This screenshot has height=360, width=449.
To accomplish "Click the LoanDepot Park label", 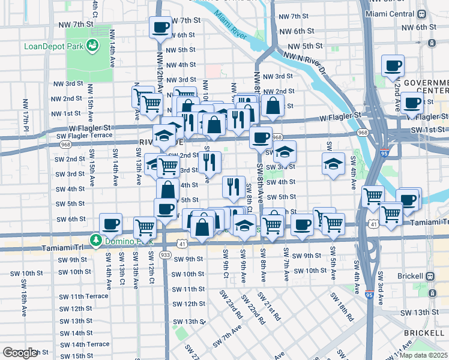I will point(53,46).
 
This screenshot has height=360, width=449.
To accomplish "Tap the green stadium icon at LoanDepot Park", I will point(92,44).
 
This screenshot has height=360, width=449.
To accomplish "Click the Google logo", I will point(20,353).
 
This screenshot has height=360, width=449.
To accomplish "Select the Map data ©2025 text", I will point(424,355).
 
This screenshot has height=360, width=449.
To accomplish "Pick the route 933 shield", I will point(166,255).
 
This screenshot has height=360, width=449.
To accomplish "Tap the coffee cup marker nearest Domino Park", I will point(111,224).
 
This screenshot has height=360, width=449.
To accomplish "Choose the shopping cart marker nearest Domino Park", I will point(145,227).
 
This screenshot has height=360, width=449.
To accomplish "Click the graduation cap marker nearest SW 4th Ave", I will point(333,164).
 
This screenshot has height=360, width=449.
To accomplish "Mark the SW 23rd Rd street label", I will point(231,305).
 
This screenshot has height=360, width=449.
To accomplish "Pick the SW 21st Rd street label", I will point(270,306).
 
